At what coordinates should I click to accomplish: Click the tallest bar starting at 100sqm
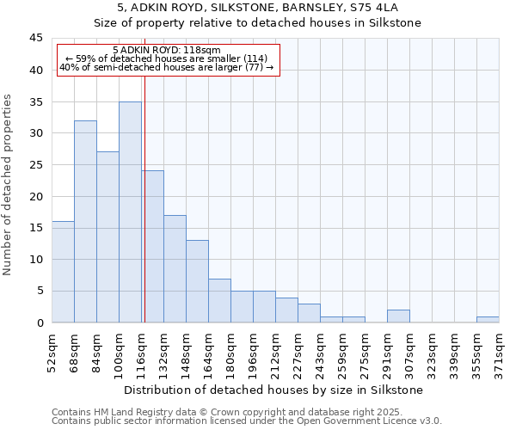tap(130, 212)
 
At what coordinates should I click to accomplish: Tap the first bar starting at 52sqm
tap(63, 272)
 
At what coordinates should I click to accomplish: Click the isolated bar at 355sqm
tap(488, 319)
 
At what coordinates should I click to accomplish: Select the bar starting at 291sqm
tap(398, 316)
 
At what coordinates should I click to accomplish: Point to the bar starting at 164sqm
tap(219, 300)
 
